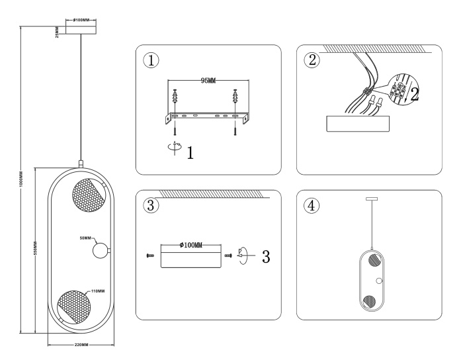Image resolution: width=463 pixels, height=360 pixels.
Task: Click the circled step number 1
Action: [151, 60]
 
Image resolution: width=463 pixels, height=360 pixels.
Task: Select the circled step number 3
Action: [151, 205]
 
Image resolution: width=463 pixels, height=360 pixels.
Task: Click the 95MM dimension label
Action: [208, 80]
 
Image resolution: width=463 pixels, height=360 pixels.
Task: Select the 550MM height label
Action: [34, 250]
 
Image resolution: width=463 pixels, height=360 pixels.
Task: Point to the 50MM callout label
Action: [85, 237]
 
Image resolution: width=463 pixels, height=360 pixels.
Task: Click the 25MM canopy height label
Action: [58, 32]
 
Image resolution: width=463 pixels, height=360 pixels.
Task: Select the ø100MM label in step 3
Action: [191, 246]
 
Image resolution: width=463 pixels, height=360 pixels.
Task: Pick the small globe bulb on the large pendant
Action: [101, 251]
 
